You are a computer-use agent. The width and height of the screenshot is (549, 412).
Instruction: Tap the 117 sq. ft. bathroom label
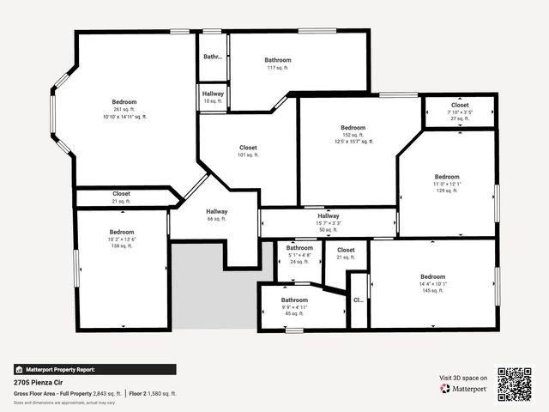tap(278, 60)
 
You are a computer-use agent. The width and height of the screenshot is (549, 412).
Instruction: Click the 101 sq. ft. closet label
tap(248, 148)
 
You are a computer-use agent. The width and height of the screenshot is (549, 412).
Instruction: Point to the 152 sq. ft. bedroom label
tap(353, 128)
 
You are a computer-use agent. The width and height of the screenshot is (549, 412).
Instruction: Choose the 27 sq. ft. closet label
tap(460, 105)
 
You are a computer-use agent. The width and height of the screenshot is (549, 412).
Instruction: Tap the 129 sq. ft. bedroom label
tap(447, 178)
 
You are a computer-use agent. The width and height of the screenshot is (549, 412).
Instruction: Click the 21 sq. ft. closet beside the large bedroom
tap(121, 194)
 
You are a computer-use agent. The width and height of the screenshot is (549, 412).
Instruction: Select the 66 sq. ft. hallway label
tap(216, 212)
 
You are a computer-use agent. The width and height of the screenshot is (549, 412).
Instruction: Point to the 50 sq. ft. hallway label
tap(329, 216)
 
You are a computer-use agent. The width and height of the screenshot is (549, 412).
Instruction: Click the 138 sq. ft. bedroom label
tap(122, 233)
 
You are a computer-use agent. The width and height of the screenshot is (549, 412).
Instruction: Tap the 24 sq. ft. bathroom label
tap(299, 248)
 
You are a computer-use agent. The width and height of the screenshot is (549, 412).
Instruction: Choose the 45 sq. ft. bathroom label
tap(295, 300)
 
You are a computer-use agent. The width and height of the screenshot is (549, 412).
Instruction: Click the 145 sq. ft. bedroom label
tap(432, 276)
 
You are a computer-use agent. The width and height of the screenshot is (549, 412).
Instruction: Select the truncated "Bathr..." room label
tap(212, 57)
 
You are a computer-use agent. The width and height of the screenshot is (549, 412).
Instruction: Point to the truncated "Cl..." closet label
tap(359, 300)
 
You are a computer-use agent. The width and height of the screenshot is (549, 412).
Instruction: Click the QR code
tap(516, 384)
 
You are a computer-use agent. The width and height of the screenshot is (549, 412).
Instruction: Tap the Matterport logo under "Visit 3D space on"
tap(463, 388)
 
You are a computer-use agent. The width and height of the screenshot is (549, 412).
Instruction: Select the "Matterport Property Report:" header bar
tap(95, 369)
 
